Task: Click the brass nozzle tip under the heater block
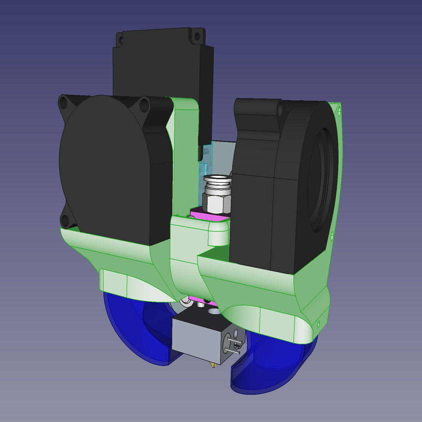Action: coord(213,366)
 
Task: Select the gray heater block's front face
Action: coord(196,337)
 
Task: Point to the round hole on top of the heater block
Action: coord(214,312)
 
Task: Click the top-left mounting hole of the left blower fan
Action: coord(63,103)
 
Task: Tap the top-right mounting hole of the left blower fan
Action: coord(144,105)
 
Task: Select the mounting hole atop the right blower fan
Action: coord(280,110)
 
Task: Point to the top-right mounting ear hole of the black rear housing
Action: coord(197,36)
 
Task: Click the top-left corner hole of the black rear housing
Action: coord(120,40)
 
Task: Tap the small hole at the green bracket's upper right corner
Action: coord(339,111)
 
